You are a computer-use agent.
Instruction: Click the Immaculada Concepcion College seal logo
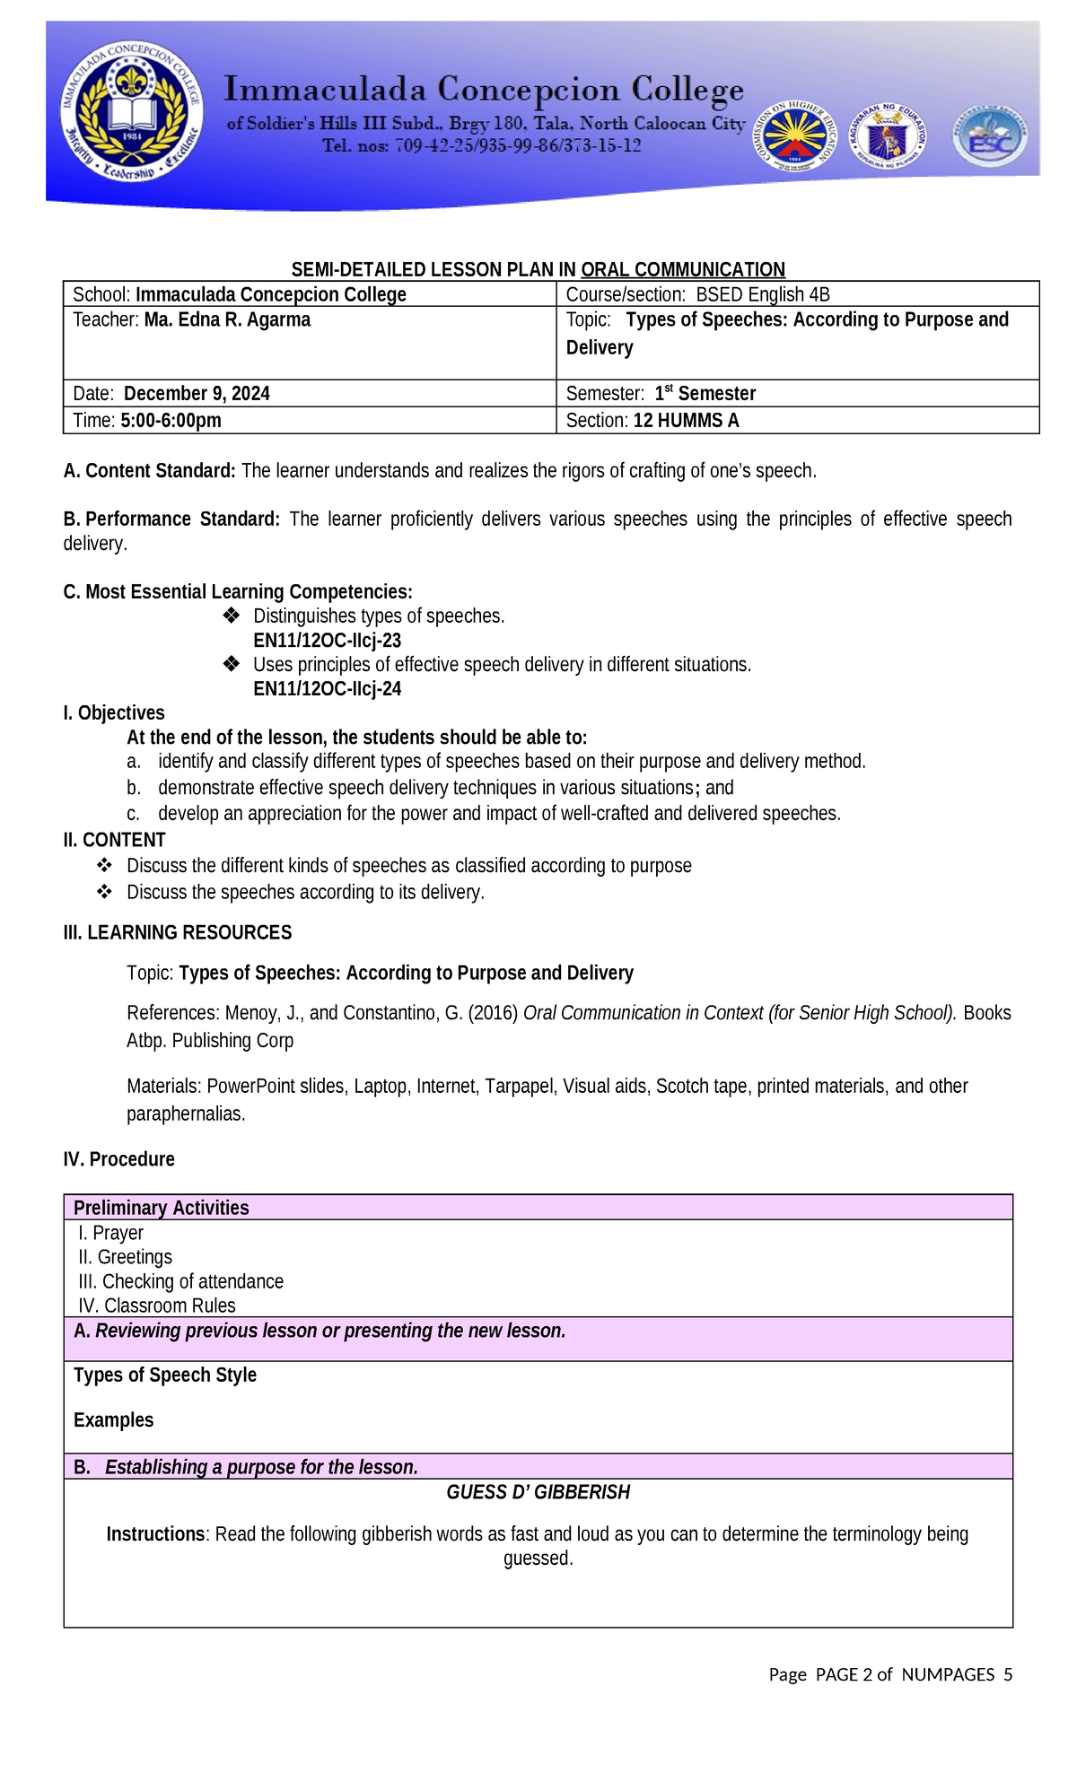131,111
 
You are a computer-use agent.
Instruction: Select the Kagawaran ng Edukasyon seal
889,136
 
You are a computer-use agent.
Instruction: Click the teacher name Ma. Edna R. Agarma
227,319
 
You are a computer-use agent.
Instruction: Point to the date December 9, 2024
197,393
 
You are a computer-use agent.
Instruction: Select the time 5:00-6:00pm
171,420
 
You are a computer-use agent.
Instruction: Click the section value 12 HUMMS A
686,420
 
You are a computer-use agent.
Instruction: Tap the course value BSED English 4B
763,294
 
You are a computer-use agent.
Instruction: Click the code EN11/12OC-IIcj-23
327,641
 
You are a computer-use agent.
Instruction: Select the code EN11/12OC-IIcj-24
327,689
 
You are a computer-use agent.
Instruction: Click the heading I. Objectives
114,713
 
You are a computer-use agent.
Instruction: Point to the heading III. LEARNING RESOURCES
178,933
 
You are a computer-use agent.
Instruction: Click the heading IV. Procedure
119,1159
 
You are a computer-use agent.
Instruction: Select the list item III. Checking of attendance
181,1281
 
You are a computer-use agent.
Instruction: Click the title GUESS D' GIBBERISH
538,1492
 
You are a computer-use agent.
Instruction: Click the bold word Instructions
155,1534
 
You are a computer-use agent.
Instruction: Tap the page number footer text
889,1674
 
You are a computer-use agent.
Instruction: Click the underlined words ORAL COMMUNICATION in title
682,269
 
